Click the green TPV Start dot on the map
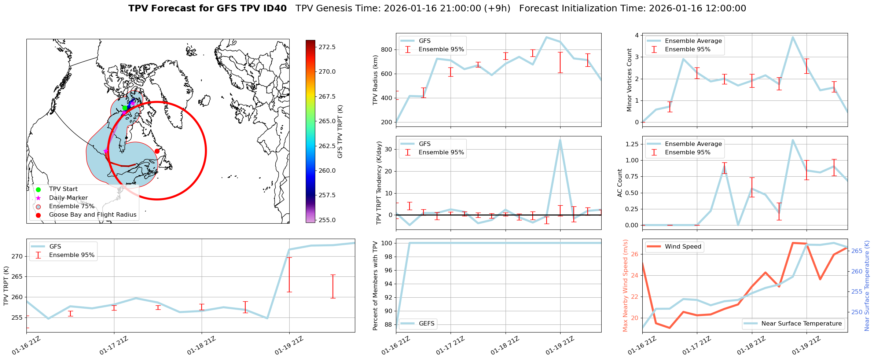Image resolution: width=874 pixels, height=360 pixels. [125, 108]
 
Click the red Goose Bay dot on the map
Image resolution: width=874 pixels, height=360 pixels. [157, 151]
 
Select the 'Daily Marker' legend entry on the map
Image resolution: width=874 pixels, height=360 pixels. [68, 198]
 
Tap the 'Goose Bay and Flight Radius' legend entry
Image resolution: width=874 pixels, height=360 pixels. [92, 215]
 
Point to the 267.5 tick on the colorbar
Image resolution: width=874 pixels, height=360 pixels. [327, 96]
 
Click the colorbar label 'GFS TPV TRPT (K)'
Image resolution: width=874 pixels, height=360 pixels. [340, 132]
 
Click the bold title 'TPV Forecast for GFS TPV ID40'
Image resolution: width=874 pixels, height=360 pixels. [207, 8]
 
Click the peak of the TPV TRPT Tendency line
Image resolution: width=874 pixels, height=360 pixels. [560, 140]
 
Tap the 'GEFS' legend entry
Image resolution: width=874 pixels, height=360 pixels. [426, 323]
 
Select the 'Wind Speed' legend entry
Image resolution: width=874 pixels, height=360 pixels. [683, 247]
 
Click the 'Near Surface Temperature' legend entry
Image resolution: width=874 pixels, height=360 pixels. [801, 323]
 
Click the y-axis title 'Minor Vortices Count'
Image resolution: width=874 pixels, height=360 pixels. [629, 80]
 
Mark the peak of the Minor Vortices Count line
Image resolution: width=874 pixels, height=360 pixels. [793, 37]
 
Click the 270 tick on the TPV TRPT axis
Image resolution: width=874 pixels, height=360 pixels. [17, 256]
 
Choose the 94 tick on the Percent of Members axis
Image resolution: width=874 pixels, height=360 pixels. [388, 284]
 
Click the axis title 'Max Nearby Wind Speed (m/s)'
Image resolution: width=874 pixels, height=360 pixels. [625, 285]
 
